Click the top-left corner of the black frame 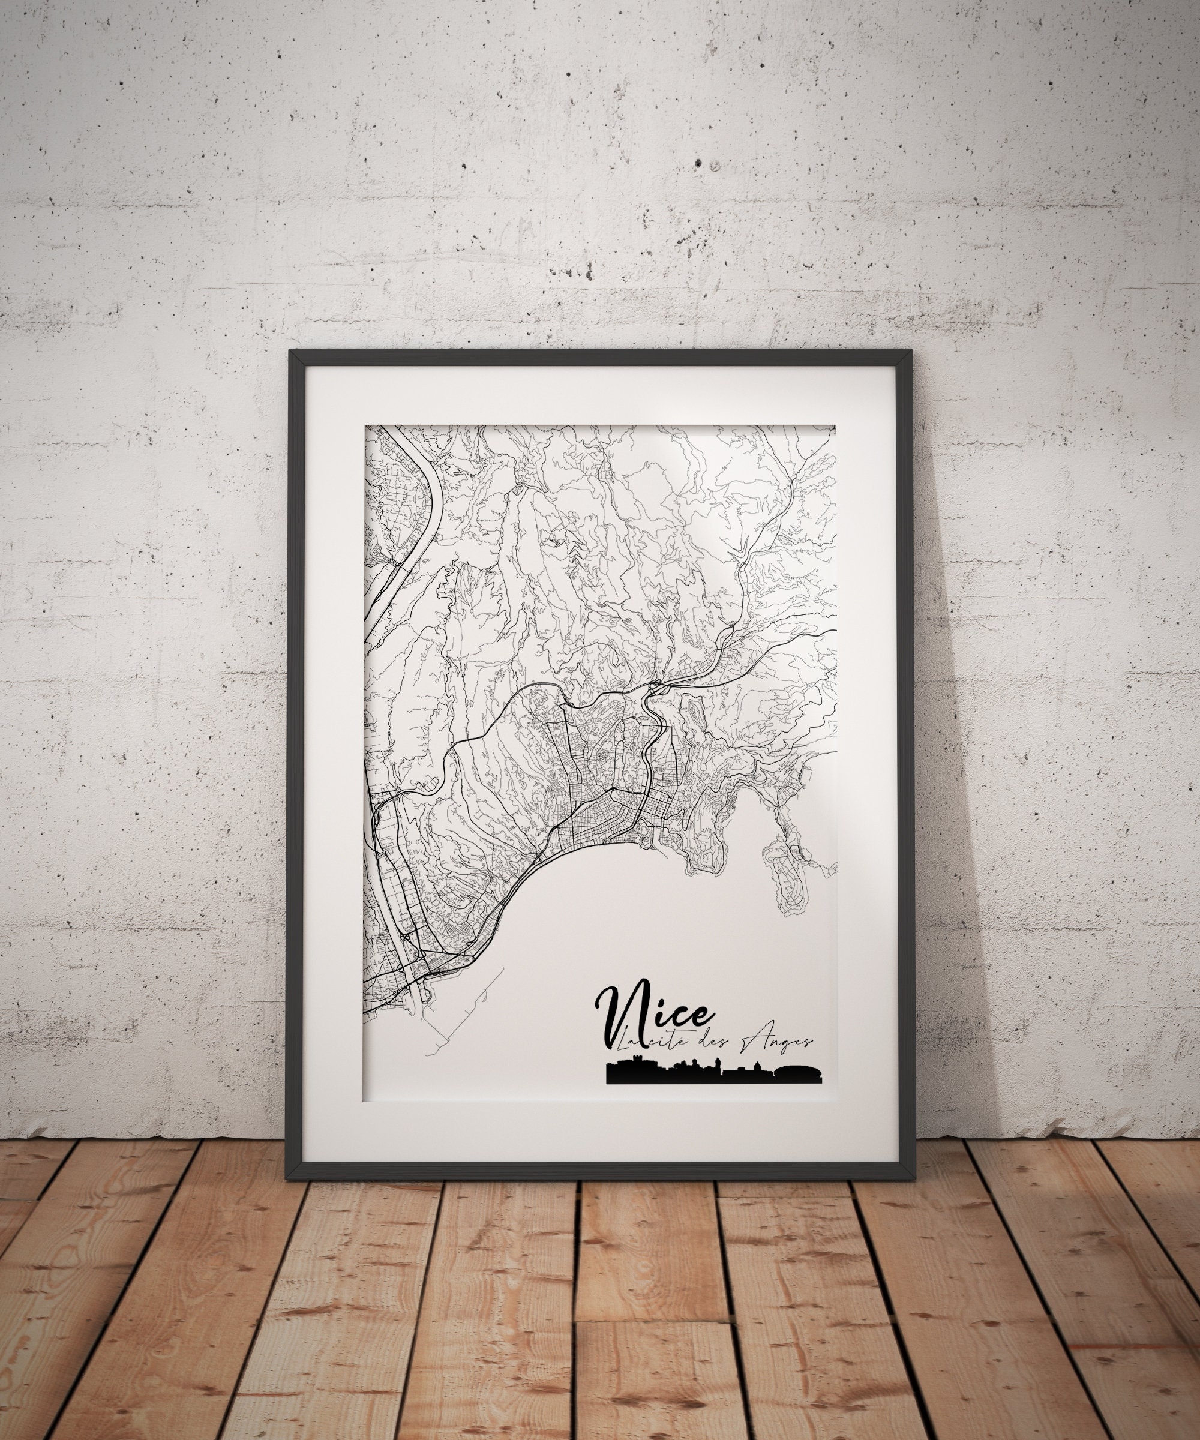tap(293, 352)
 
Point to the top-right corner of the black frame tap(908, 352)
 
